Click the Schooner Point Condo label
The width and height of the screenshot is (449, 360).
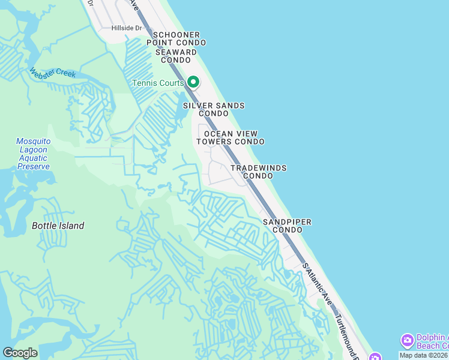(x=176, y=39)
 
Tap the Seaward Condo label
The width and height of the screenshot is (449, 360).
(x=176, y=56)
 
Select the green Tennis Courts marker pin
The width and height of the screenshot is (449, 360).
(x=193, y=82)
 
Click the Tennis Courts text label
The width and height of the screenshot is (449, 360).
(x=158, y=83)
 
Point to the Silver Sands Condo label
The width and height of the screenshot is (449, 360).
(x=214, y=109)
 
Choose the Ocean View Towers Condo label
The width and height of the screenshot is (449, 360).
(x=231, y=137)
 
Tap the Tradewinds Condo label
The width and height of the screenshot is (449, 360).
(x=259, y=172)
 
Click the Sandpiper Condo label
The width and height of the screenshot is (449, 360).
(x=287, y=226)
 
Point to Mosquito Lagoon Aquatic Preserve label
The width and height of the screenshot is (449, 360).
(x=34, y=154)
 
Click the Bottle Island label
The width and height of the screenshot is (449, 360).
(x=58, y=226)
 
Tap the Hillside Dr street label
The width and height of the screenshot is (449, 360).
(x=126, y=28)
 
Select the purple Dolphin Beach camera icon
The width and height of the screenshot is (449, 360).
(x=407, y=341)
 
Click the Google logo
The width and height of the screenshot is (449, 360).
(x=20, y=353)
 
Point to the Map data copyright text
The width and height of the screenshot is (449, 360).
(x=424, y=355)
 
